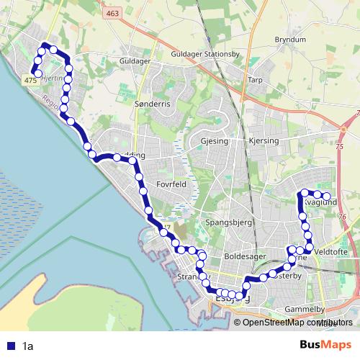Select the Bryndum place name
click(x=290, y=40)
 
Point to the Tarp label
click(x=255, y=81)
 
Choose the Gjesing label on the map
click(x=215, y=141)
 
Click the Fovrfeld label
click(x=172, y=184)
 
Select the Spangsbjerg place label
click(x=228, y=223)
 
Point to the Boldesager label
click(x=246, y=256)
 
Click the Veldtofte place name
click(x=331, y=252)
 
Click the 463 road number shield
click(x=112, y=14)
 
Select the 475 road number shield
click(x=30, y=82)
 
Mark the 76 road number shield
click(x=342, y=216)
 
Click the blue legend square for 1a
click(x=11, y=346)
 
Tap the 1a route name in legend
click(x=27, y=346)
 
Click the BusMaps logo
click(x=325, y=346)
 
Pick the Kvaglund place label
click(x=321, y=204)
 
